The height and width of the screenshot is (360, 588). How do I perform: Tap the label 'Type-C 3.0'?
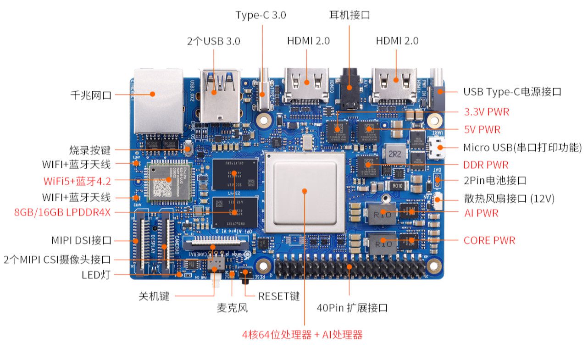(x=261, y=15)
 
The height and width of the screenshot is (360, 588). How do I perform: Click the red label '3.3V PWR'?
(x=486, y=111)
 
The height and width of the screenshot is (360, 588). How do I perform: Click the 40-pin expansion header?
(x=349, y=269)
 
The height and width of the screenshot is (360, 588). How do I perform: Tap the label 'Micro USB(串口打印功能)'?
(x=522, y=148)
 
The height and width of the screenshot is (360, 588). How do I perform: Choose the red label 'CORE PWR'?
(x=489, y=240)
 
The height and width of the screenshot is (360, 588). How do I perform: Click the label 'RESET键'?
(x=279, y=296)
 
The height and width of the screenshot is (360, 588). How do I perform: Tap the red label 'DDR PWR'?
(x=486, y=165)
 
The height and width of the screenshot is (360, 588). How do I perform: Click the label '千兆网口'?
(x=91, y=95)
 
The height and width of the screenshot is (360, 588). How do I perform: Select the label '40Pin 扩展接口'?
(x=352, y=308)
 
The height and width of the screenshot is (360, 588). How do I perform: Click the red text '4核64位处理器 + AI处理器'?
(x=302, y=335)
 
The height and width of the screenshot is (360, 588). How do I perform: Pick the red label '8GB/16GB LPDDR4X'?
(x=62, y=212)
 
